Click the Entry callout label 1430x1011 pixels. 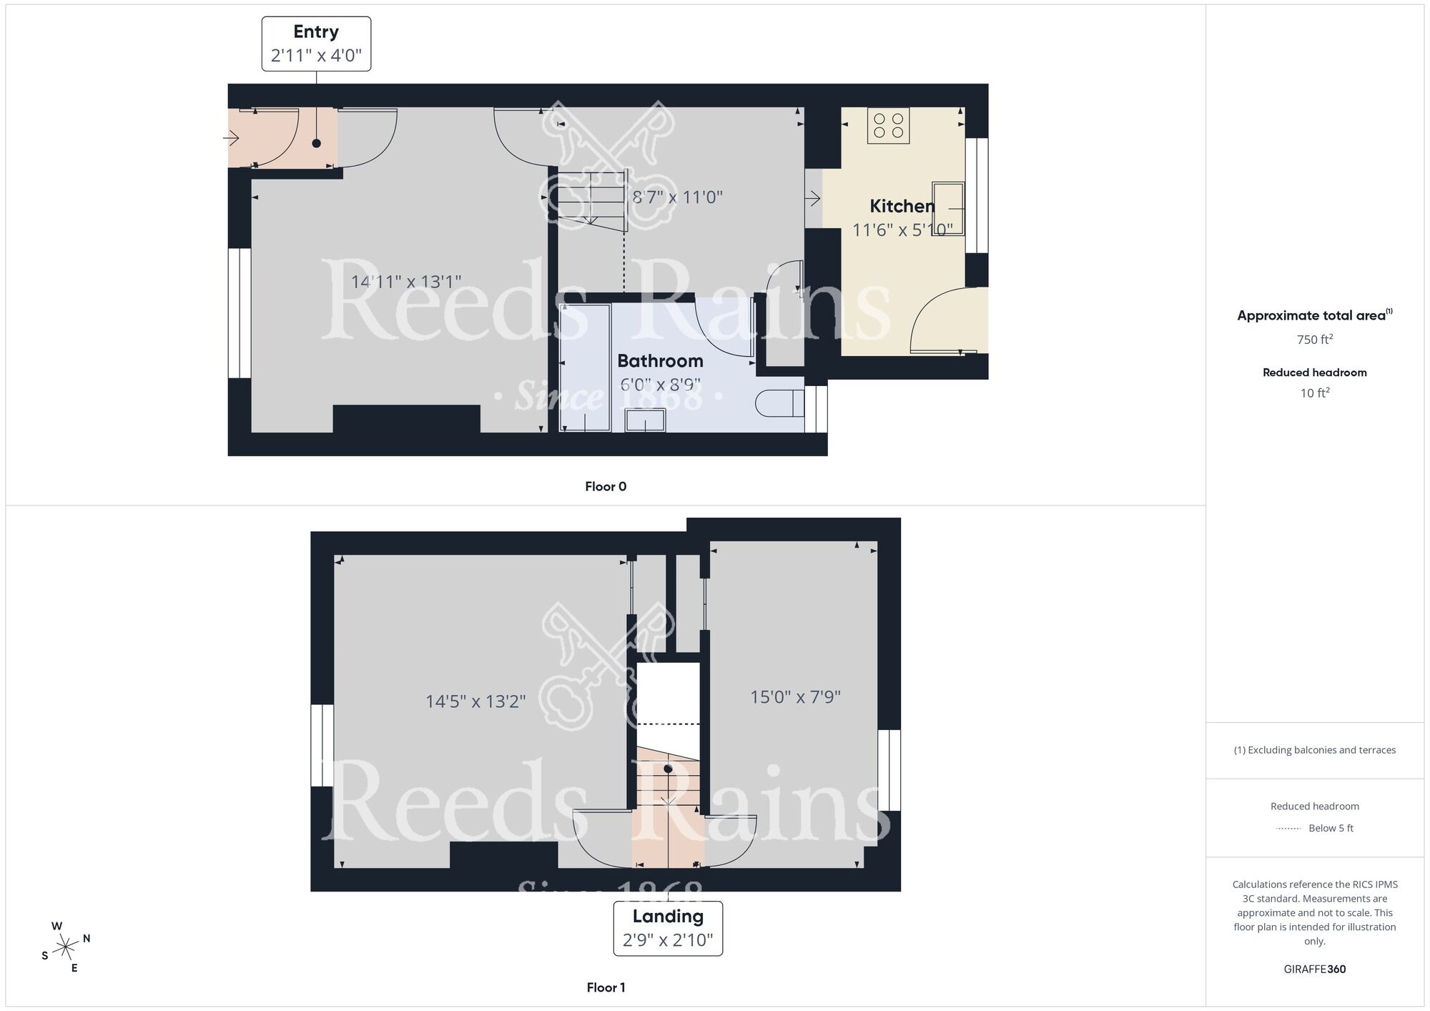click(x=316, y=44)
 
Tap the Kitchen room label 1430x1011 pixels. click(x=902, y=206)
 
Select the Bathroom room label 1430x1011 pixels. click(x=660, y=361)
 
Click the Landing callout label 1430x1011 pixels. click(x=668, y=928)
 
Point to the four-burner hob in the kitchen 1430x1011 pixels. click(x=889, y=126)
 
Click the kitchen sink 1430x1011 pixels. click(x=949, y=208)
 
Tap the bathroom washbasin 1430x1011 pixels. click(x=645, y=420)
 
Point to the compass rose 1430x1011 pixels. click(x=66, y=947)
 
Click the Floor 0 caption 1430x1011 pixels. click(x=606, y=487)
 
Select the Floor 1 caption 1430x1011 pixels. click(x=606, y=987)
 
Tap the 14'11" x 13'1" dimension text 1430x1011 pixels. click(x=405, y=282)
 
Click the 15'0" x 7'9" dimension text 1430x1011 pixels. click(x=795, y=696)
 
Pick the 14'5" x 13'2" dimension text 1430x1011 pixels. click(x=475, y=701)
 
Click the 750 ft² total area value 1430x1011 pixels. click(x=1314, y=340)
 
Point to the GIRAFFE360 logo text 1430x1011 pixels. click(x=1314, y=970)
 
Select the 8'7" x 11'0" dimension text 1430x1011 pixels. click(x=677, y=197)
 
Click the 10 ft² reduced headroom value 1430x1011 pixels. click(x=1314, y=393)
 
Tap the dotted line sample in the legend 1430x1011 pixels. click(x=1288, y=829)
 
